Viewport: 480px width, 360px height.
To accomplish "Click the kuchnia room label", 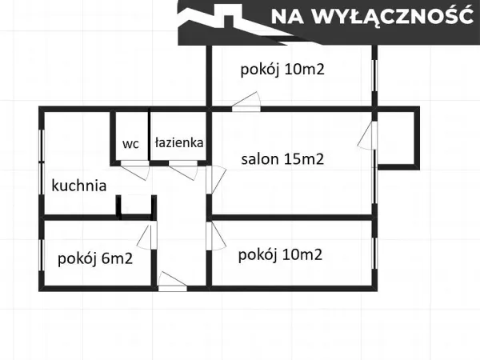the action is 79,186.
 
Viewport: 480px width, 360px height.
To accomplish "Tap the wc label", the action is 130,144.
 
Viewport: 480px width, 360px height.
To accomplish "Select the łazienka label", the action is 179,142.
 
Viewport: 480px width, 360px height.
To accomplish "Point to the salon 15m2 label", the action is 282,159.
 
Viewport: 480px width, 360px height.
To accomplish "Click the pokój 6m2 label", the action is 95,259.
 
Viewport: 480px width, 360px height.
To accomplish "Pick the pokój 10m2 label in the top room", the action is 282,70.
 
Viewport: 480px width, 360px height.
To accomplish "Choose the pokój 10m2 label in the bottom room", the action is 280,255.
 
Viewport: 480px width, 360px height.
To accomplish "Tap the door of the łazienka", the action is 183,170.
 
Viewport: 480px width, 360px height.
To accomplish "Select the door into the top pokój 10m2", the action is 246,102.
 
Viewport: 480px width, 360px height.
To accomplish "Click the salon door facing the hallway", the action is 216,180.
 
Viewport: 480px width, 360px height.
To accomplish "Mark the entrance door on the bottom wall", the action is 173,281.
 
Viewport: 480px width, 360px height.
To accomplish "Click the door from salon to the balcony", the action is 366,135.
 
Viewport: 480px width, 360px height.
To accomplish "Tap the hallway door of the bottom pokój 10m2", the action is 216,236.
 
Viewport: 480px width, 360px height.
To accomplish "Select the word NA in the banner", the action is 287,17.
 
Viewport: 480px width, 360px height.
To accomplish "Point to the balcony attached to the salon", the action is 396,138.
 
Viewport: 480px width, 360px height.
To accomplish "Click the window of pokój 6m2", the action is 42,254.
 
